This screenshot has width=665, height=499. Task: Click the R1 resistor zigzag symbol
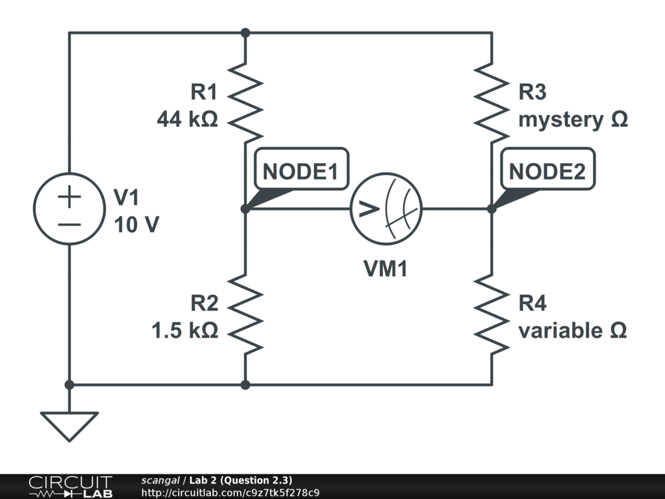(245, 103)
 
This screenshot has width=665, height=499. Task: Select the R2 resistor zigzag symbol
(245, 314)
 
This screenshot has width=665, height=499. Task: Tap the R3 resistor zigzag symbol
(492, 103)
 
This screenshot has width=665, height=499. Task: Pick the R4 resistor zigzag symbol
(492, 314)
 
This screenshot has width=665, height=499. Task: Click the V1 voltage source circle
(69, 209)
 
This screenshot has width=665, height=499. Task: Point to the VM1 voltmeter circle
(386, 209)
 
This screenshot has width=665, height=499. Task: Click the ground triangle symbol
(69, 426)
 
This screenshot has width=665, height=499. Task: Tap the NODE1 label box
(301, 171)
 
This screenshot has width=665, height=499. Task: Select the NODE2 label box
(547, 171)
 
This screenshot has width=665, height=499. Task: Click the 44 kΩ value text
(187, 120)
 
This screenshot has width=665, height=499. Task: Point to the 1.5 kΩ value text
(184, 331)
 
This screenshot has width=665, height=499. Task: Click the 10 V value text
(136, 225)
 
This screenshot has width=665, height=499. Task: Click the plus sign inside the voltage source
(69, 197)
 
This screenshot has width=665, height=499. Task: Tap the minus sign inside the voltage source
(69, 224)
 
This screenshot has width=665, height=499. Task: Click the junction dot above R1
(245, 32)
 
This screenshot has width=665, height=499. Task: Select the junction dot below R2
(245, 385)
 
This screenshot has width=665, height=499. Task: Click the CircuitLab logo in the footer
(70, 486)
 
